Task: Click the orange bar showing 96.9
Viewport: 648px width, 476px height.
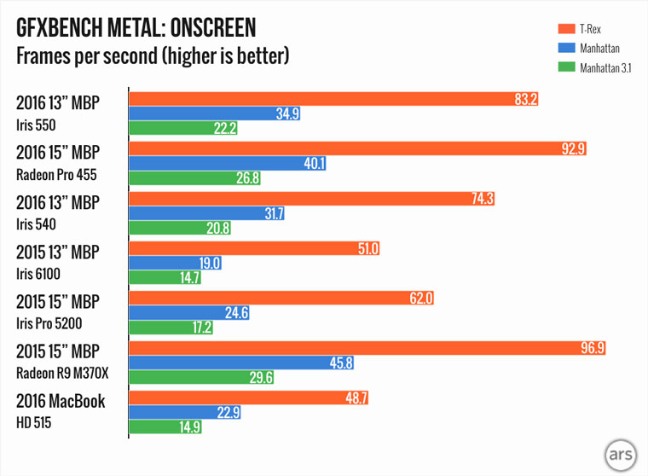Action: pos(367,347)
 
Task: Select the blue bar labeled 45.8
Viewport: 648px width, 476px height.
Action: pos(241,363)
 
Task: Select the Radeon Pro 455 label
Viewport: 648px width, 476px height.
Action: pos(57,176)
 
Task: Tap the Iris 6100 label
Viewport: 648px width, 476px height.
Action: pos(41,274)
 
